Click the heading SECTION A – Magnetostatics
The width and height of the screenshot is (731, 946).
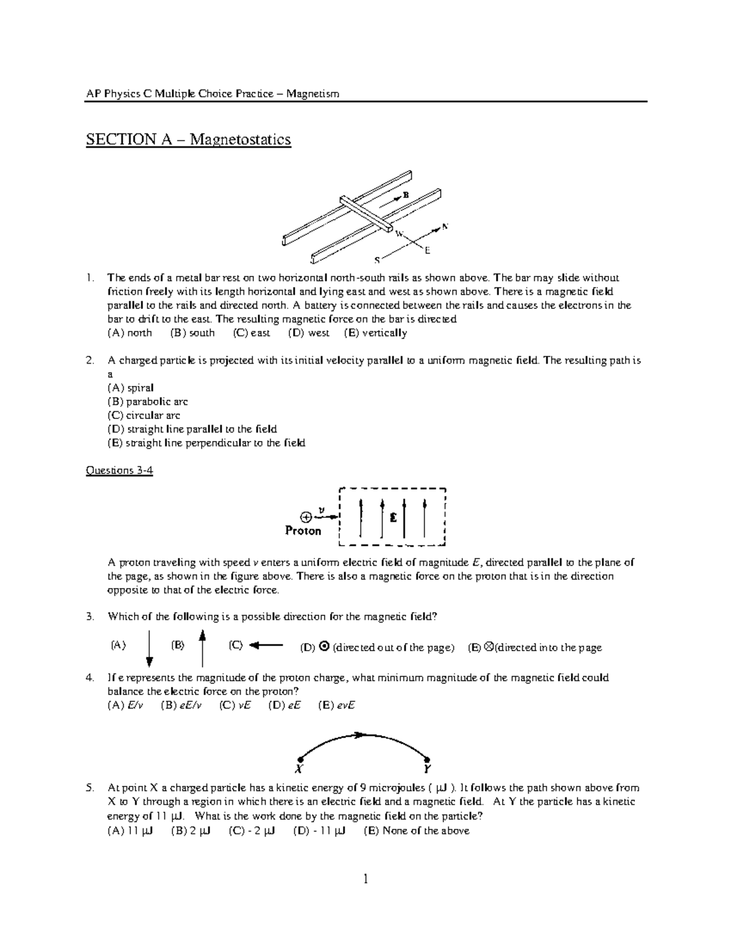coord(188,139)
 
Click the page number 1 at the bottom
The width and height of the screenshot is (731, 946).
coord(365,878)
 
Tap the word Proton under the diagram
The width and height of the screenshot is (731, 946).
coord(303,531)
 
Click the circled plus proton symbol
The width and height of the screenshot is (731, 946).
coord(306,517)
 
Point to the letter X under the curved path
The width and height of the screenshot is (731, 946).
coord(300,768)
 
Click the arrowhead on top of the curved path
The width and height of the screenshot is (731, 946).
coord(361,735)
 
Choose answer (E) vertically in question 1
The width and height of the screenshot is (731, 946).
coord(375,333)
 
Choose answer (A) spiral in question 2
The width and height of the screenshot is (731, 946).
coord(130,387)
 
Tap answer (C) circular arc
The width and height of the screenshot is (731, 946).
coord(144,415)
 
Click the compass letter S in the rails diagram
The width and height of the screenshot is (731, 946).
coord(376,260)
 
